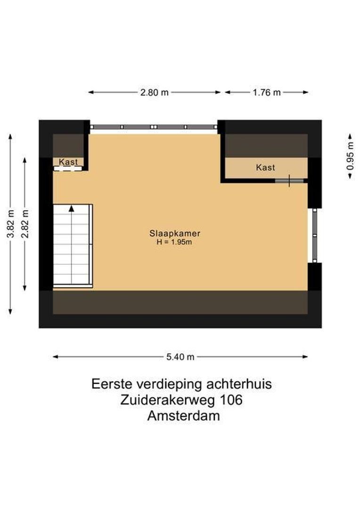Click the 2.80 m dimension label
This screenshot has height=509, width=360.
coord(154,92)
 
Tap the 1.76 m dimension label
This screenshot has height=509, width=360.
coord(267,92)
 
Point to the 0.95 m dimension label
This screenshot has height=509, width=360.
coord(350,156)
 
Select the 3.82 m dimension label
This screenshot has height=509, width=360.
coord(10,224)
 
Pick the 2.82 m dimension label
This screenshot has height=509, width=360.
coord(25,224)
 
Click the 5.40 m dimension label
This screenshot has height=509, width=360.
coord(180,357)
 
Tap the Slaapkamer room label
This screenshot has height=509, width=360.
coord(175,233)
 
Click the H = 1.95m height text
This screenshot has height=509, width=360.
coord(175,242)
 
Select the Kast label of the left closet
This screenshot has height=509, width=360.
coord(68,162)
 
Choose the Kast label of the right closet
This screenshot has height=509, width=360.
coord(265,167)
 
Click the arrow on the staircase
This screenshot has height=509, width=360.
coord(71,208)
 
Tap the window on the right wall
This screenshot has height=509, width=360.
coord(315,235)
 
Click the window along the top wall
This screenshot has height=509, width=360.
coord(154,127)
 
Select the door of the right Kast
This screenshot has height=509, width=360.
coord(289,181)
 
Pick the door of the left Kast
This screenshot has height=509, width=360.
coord(68,168)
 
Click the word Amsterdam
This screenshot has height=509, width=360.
coord(183,416)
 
